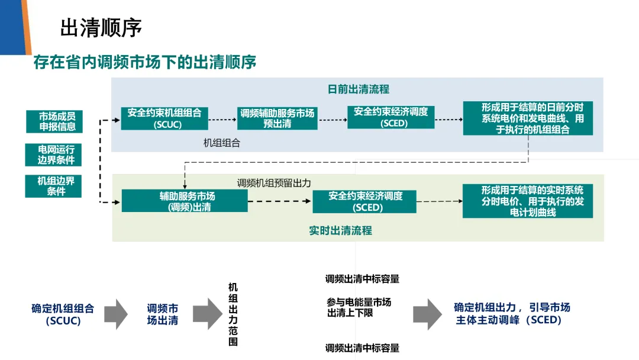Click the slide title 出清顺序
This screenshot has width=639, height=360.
pyautogui.click(x=101, y=27)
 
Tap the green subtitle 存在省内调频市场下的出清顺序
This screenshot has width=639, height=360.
pyautogui.click(x=145, y=62)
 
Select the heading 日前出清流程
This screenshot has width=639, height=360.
pyautogui.click(x=359, y=89)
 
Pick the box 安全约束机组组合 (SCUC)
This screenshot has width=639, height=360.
pyautogui.click(x=164, y=118)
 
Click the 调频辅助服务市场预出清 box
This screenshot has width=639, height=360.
pyautogui.click(x=277, y=118)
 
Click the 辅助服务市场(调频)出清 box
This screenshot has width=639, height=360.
pyautogui.click(x=185, y=201)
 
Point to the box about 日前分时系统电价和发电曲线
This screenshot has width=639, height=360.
pyautogui.click(x=528, y=118)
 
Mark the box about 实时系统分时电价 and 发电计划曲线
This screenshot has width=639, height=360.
pyautogui.click(x=528, y=201)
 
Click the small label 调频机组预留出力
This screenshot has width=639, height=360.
pyautogui.click(x=274, y=183)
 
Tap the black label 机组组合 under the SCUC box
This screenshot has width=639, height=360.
pyautogui.click(x=222, y=143)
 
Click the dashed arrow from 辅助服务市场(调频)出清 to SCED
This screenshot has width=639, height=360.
pyautogui.click(x=280, y=201)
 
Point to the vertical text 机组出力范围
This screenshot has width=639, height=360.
pyautogui.click(x=233, y=314)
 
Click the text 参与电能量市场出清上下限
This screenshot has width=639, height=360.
pyautogui.click(x=359, y=307)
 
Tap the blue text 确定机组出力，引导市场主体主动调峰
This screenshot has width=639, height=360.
pyautogui.click(x=512, y=314)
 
